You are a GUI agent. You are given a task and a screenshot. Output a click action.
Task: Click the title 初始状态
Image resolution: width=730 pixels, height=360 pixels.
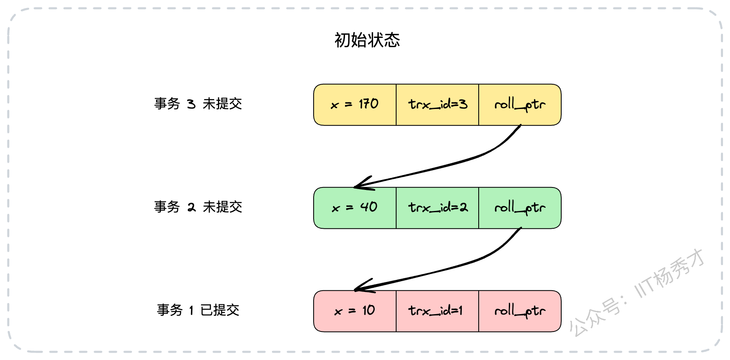pyautogui.click(x=367, y=40)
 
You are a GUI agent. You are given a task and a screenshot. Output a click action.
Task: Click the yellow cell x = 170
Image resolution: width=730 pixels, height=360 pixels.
pyautogui.click(x=355, y=105)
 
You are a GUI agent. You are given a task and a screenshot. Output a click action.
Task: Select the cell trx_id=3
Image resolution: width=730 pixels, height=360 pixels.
pyautogui.click(x=437, y=105)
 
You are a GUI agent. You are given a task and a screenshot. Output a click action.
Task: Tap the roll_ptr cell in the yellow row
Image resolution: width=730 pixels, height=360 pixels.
pyautogui.click(x=520, y=105)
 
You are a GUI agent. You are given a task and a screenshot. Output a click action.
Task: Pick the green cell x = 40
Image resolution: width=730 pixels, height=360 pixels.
pyautogui.click(x=355, y=208)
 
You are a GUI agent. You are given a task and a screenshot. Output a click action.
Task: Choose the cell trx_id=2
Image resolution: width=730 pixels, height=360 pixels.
pyautogui.click(x=437, y=208)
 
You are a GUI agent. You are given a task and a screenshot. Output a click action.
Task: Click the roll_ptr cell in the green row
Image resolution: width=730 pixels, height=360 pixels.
pyautogui.click(x=520, y=208)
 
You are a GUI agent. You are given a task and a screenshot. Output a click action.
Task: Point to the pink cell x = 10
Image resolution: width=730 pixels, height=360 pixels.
pyautogui.click(x=355, y=311)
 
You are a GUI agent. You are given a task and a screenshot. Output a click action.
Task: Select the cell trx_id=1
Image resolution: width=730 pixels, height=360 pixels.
pyautogui.click(x=437, y=311)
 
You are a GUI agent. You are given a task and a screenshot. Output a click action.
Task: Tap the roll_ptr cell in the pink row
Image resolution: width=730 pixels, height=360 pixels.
pyautogui.click(x=520, y=311)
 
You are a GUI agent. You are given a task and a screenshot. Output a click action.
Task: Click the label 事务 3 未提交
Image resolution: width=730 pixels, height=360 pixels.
pyautogui.click(x=198, y=104)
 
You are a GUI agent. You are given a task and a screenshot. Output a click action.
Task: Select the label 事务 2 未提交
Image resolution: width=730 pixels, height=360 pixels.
pyautogui.click(x=198, y=207)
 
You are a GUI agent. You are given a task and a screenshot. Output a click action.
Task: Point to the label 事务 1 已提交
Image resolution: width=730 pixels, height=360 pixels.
pyautogui.click(x=198, y=310)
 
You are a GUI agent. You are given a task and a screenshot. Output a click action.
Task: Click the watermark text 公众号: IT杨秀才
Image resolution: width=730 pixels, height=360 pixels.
pyautogui.click(x=636, y=293)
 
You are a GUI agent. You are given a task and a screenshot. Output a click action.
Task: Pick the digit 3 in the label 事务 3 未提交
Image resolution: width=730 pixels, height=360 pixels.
pyautogui.click(x=191, y=104)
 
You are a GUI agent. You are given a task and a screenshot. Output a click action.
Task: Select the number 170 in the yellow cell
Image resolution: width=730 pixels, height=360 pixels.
pyautogui.click(x=369, y=104)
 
